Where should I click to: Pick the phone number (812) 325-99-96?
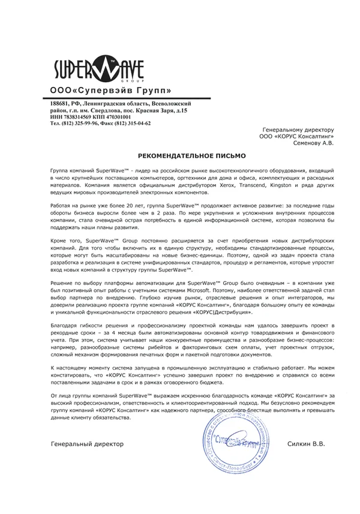pyautogui.click(x=83, y=123)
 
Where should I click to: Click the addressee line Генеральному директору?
pyautogui.click(x=299, y=130)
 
